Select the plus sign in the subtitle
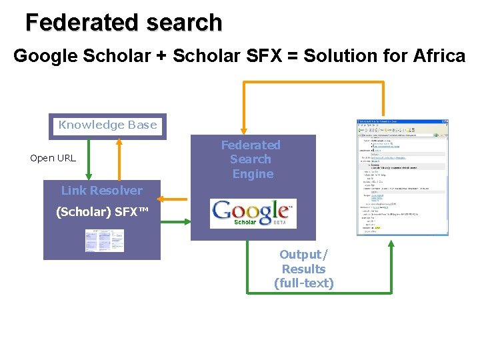[x=161, y=57]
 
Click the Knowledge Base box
[x=108, y=125]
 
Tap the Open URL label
[x=53, y=158]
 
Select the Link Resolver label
[x=101, y=191]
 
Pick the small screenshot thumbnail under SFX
[x=105, y=241]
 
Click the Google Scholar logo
[x=253, y=213]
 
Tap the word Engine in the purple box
[x=253, y=174]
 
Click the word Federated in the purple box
[x=251, y=145]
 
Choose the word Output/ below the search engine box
[x=303, y=255]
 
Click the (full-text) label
[x=303, y=283]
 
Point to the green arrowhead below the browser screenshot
[x=392, y=244]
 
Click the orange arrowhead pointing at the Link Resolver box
[x=164, y=199]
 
